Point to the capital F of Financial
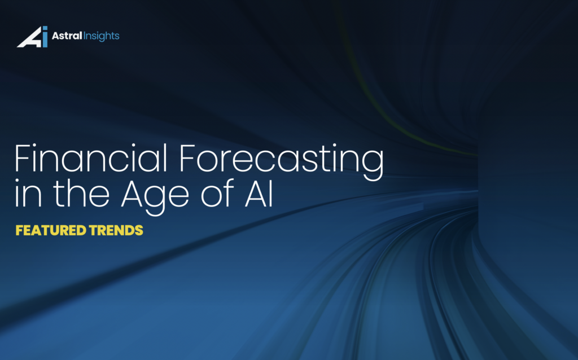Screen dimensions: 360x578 (22, 160)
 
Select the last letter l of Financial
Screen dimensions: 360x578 (167, 160)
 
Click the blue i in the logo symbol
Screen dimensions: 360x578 (45, 38)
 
